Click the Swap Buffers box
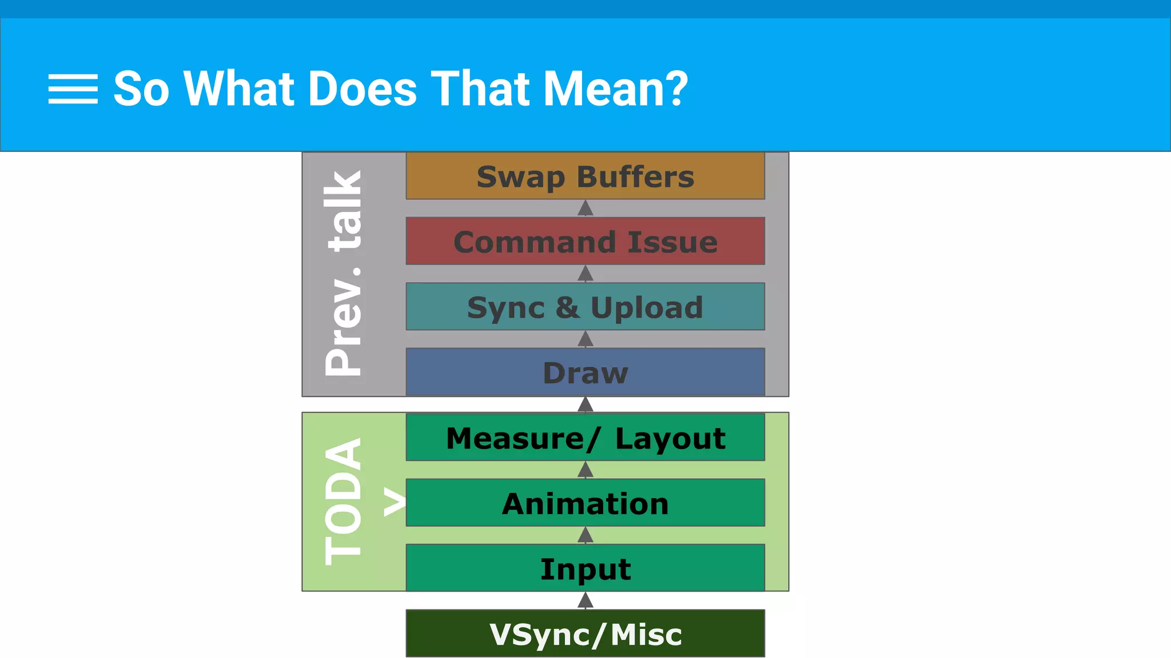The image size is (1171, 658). click(x=585, y=176)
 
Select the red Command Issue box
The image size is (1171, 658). click(x=585, y=241)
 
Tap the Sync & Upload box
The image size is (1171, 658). click(x=585, y=307)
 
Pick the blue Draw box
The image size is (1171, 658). click(x=585, y=372)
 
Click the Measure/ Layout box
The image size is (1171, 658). click(x=585, y=438)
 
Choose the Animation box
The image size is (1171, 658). click(x=585, y=503)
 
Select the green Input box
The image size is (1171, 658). click(x=585, y=568)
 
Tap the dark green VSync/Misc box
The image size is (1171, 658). click(x=585, y=633)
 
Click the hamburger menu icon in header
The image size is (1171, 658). click(x=73, y=89)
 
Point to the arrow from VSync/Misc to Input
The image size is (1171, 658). click(x=585, y=600)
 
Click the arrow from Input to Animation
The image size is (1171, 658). click(x=585, y=535)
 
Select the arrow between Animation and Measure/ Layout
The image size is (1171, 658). click(x=585, y=470)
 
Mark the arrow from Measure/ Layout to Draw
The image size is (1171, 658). click(x=585, y=404)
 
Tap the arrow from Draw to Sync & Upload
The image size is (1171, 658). click(x=585, y=339)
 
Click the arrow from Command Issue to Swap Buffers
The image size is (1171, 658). click(x=585, y=208)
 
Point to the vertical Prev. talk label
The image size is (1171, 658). click(x=344, y=273)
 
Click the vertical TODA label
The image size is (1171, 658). click(x=344, y=501)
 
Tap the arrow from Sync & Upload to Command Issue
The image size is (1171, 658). click(x=585, y=274)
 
